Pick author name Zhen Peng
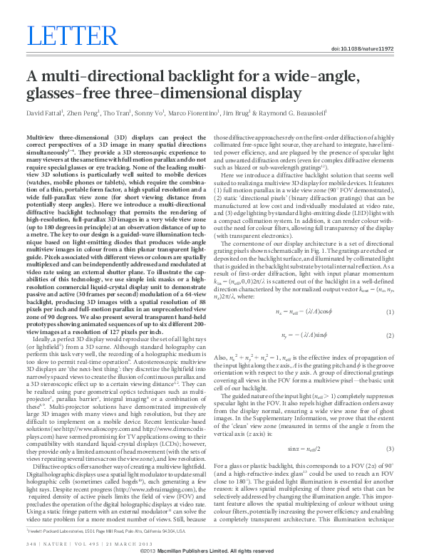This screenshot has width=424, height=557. coord(85,113)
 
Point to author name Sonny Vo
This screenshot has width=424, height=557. coord(162,113)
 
